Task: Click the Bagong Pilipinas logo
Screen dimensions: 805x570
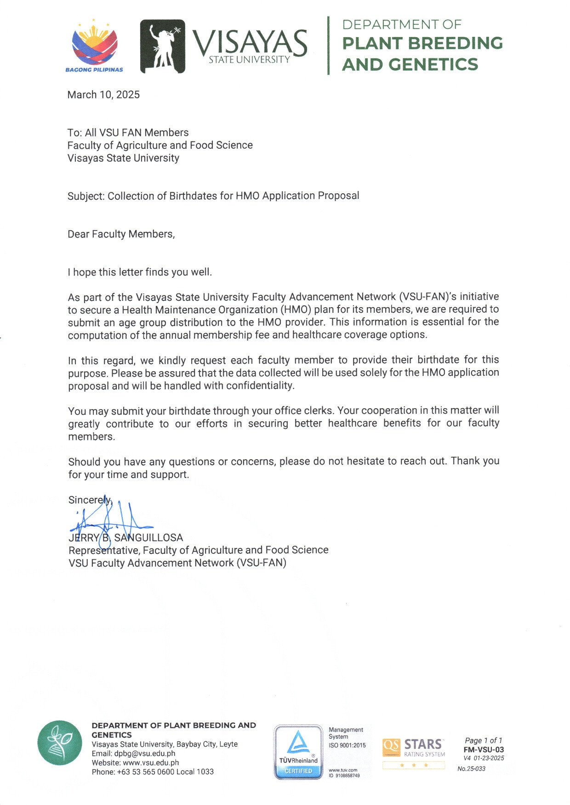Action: click(94, 46)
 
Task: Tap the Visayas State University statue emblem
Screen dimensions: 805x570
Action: click(162, 46)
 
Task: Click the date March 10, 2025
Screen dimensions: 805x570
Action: click(103, 95)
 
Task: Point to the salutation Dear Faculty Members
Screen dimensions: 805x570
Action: click(121, 234)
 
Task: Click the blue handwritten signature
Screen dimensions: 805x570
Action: click(110, 521)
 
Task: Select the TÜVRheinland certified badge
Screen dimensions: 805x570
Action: click(298, 752)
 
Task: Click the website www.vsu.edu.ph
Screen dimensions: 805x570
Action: click(151, 762)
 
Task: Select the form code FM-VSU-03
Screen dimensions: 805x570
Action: click(484, 749)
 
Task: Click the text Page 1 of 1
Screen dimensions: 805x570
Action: click(484, 740)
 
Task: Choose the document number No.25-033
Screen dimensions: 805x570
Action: click(471, 769)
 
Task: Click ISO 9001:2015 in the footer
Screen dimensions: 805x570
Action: click(347, 745)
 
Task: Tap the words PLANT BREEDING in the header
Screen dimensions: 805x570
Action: click(422, 43)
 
